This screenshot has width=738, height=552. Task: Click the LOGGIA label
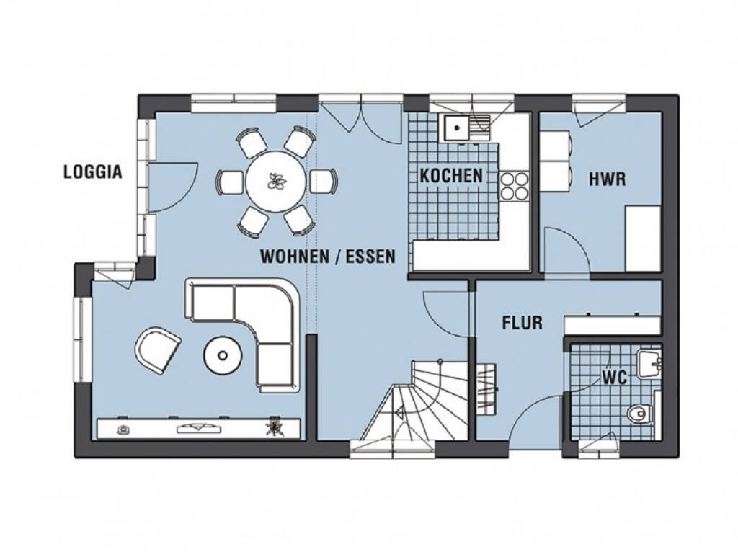[x=93, y=172]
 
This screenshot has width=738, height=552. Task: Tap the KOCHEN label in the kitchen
[x=451, y=176]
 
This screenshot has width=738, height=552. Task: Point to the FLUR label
[x=522, y=323]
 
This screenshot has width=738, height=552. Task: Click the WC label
[x=614, y=378]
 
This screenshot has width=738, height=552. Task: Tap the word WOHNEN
[x=295, y=257]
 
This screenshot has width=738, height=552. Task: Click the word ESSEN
[x=370, y=257]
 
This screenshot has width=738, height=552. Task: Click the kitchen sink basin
[x=455, y=127]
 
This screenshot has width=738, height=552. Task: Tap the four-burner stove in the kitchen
[x=515, y=186]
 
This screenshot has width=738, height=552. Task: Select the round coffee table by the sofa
[x=223, y=355]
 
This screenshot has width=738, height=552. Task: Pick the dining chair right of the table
[x=324, y=181]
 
